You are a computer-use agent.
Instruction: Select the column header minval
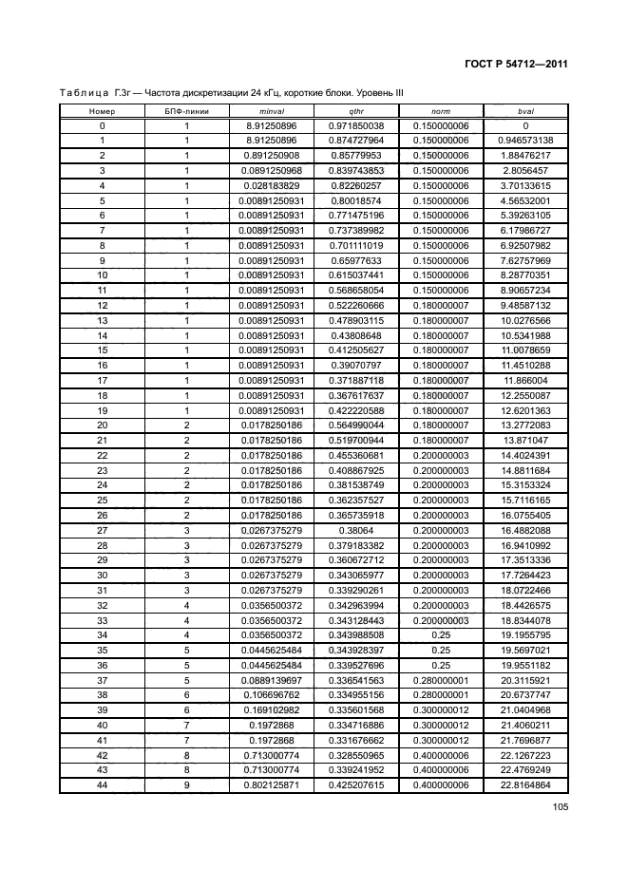272,111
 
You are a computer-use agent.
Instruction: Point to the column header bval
524,111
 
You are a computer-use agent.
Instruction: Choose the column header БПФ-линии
187,111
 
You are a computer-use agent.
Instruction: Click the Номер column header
102,111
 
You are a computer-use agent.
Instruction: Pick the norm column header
441,111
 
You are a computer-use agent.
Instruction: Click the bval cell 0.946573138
524,141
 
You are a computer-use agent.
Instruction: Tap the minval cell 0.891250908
272,155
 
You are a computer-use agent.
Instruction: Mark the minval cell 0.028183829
272,184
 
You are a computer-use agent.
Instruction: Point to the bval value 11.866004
524,380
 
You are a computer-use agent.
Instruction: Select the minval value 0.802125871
272,785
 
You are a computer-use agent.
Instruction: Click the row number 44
102,785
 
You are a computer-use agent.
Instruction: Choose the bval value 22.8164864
524,785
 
